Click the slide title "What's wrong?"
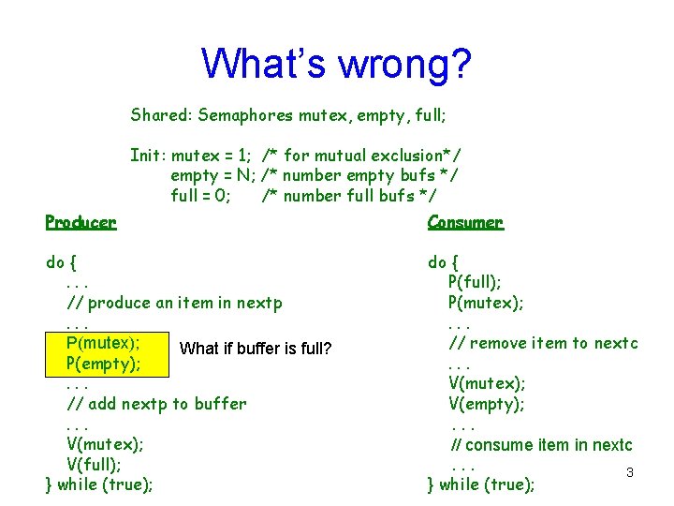point(336,64)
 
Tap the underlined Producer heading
point(81,222)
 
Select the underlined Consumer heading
point(465,222)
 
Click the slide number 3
point(630,472)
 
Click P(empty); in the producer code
point(103,364)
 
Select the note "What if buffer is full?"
point(256,349)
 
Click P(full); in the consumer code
point(474,282)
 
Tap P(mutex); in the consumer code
point(485,303)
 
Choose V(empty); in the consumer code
point(486,404)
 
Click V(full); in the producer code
point(95,465)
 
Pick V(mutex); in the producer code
point(104,444)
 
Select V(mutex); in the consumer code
point(486,383)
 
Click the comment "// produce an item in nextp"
point(174,303)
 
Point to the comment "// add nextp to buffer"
point(156,404)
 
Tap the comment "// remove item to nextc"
point(543,343)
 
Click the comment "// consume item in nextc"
point(542,444)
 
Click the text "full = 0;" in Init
point(200,196)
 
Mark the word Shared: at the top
point(159,115)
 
